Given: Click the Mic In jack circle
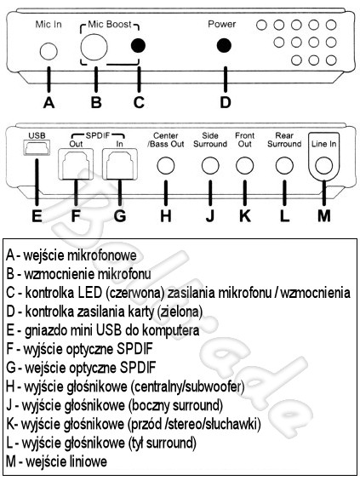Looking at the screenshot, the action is coord(49,51).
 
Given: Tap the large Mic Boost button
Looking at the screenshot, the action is coord(94,47).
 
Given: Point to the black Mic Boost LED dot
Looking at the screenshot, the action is coord(138,46).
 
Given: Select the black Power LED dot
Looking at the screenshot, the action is coord(224,46).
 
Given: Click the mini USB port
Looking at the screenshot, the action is coord(37,147).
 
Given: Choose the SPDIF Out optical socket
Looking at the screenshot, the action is coord(76,164).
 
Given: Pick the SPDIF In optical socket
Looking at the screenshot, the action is coord(120,164).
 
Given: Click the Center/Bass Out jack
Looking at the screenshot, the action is coord(166,165).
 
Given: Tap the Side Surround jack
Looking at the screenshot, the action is coord(210,165).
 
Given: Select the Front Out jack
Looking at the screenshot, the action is coord(245,165).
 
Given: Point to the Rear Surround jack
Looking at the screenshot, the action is coord(284,165).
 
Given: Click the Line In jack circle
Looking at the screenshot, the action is coord(323,165).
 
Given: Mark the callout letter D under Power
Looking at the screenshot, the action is coord(226,102).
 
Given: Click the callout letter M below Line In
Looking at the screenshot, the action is coord(323,215).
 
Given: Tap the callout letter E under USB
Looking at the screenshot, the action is coord(37,215).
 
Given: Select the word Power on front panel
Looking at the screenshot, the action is coord(222,24).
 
